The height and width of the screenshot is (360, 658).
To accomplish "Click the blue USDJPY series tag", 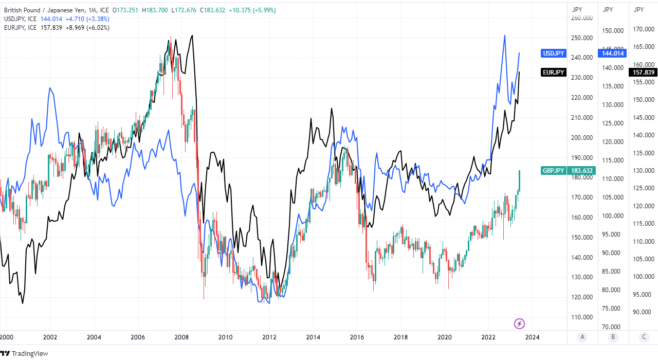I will tap(554, 53).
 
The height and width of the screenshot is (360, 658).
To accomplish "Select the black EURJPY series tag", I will tap(554, 73).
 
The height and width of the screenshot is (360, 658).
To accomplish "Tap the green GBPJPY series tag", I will tap(553, 171).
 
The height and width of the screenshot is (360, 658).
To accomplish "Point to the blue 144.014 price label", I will tap(612, 53).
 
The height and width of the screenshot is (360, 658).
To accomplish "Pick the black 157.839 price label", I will tap(643, 73).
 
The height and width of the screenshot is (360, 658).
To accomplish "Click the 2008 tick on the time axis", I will tap(181, 338).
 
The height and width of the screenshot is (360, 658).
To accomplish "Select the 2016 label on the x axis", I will tap(357, 338).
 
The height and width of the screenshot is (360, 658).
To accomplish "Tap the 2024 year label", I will tap(532, 338).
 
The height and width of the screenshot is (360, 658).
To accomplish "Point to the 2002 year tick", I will tap(49, 338).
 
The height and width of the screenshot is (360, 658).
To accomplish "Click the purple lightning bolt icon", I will tap(520, 323).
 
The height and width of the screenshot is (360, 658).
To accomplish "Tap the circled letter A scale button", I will tap(582, 337).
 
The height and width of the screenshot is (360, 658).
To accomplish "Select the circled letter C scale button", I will tap(644, 337).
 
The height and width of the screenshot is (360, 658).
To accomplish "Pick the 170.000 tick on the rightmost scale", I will tap(643, 29).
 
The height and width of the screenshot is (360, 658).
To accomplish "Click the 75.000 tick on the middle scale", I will tap(612, 309).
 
